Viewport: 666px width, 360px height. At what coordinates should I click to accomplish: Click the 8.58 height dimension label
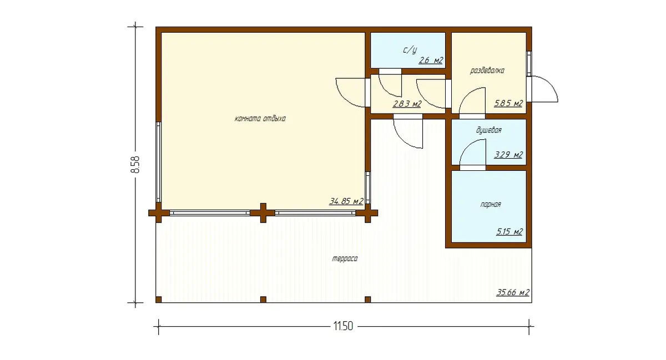pyautogui.click(x=135, y=164)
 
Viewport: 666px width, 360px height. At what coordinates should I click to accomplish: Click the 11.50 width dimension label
pyautogui.click(x=343, y=326)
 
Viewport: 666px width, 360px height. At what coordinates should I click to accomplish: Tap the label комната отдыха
pyautogui.click(x=260, y=119)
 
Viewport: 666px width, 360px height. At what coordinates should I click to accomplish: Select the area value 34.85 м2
pyautogui.click(x=346, y=201)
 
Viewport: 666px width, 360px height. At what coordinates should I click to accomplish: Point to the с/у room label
pyautogui.click(x=410, y=50)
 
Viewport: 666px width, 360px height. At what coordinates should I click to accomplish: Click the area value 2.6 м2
pyautogui.click(x=431, y=60)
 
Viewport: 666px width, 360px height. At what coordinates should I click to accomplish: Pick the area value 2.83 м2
pyautogui.click(x=407, y=104)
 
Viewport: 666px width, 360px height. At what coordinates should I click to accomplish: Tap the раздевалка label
pyautogui.click(x=487, y=71)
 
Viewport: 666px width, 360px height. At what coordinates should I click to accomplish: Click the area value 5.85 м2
pyautogui.click(x=508, y=103)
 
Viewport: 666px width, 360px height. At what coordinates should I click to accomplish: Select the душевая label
pyautogui.click(x=489, y=130)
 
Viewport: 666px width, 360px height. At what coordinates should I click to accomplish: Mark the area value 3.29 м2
pyautogui.click(x=508, y=155)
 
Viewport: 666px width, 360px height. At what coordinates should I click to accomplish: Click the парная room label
pyautogui.click(x=491, y=205)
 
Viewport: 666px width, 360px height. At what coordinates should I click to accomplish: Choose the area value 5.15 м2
pyautogui.click(x=509, y=231)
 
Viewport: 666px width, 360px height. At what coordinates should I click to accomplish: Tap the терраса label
pyautogui.click(x=345, y=259)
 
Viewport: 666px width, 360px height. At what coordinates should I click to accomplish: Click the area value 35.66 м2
pyautogui.click(x=513, y=292)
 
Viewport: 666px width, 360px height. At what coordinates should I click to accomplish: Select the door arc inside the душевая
pyautogui.click(x=468, y=146)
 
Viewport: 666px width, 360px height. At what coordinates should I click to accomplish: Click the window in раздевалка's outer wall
pyautogui.click(x=529, y=64)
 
